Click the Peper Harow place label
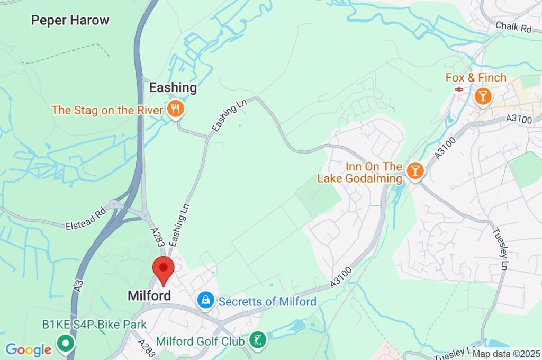pyautogui.click(x=70, y=21)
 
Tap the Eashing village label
pyautogui.click(x=173, y=87)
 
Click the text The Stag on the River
pyautogui.click(x=108, y=110)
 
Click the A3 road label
pyautogui.click(x=79, y=286)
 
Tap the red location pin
pyautogui.click(x=163, y=269)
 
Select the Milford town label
pyautogui.click(x=149, y=295)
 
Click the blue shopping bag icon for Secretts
pyautogui.click(x=205, y=301)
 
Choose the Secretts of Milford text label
pyautogui.click(x=267, y=302)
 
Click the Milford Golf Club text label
pyautogui.click(x=201, y=341)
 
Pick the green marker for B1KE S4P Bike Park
pyautogui.click(x=66, y=344)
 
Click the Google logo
pyautogui.click(x=28, y=349)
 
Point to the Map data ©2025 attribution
pyautogui.click(x=507, y=354)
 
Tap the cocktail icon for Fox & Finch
pyautogui.click(x=482, y=96)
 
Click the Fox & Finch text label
pyautogui.click(x=476, y=78)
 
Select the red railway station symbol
pyautogui.click(x=458, y=89)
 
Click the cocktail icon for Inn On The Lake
pyautogui.click(x=415, y=170)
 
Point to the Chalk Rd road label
pyautogui.click(x=513, y=28)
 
